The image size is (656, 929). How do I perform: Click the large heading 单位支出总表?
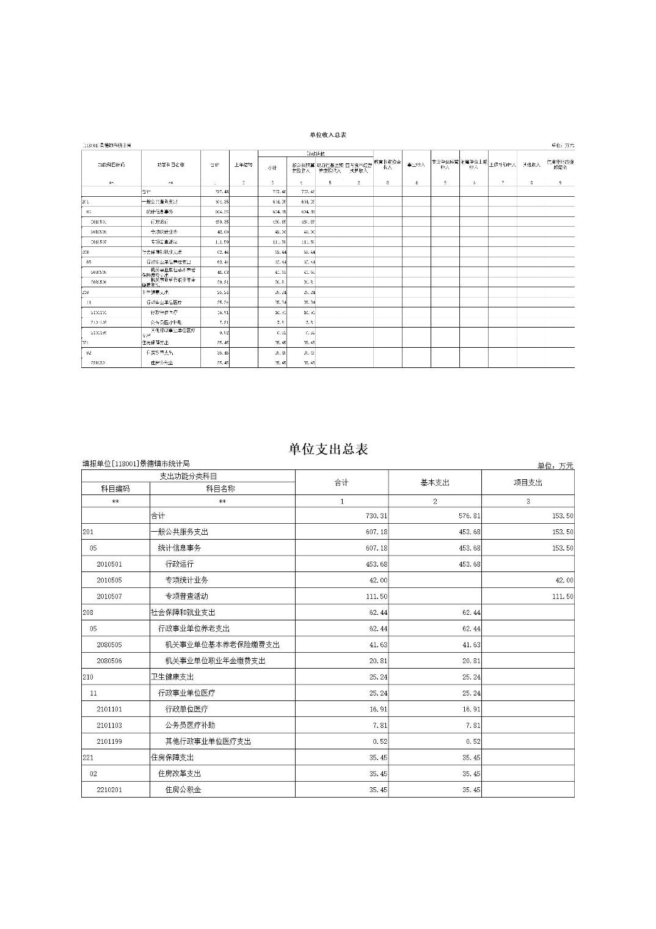tap(328, 449)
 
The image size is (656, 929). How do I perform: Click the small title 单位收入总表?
tap(328, 134)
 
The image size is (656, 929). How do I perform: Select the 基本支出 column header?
tap(434, 482)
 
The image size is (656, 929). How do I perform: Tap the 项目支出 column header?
tap(528, 482)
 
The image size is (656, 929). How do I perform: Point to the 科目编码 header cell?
tap(115, 488)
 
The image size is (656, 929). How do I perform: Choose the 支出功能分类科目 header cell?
tap(188, 476)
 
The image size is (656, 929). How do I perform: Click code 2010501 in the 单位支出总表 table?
tap(109, 564)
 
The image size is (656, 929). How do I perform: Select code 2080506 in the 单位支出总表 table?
tap(109, 661)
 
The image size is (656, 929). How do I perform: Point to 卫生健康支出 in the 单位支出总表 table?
tap(172, 677)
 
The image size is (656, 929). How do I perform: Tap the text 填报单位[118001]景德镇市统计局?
tap(136, 464)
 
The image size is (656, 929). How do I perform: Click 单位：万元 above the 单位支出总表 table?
tap(555, 466)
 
